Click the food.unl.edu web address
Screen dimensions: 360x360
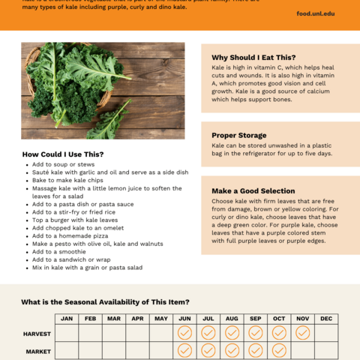tap(316, 13)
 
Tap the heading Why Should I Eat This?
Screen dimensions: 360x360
tap(253, 57)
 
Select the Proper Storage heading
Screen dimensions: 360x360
tap(239, 135)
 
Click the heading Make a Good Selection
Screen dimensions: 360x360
tap(253, 190)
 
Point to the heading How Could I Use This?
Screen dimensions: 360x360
tap(63, 154)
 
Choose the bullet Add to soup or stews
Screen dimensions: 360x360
tap(63, 163)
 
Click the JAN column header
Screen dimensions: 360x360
tap(67, 319)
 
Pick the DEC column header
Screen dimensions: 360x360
tap(326, 319)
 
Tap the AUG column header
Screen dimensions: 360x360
tap(232, 319)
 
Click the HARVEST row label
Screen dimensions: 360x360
tap(37, 332)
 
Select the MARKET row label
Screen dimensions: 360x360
tap(37, 350)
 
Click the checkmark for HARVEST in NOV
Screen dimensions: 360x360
tap(302, 332)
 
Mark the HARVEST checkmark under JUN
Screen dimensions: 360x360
tap(184, 332)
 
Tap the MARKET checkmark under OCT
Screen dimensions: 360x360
tap(279, 350)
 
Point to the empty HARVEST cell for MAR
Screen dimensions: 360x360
tap(114, 332)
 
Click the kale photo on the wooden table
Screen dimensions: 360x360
tap(103, 91)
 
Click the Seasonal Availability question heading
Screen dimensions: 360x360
tap(105, 302)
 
